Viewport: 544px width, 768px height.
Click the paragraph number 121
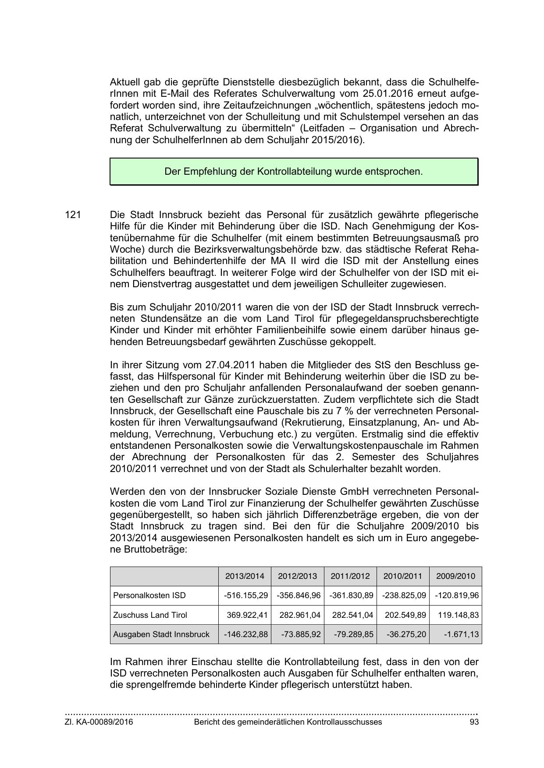72,215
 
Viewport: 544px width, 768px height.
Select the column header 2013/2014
245,576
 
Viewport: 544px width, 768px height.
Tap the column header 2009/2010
455,576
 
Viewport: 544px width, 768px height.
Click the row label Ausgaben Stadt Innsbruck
161,634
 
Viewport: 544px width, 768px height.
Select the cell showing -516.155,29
245,595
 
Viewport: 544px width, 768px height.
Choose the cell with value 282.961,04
300,615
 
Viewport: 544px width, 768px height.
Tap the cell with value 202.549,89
405,615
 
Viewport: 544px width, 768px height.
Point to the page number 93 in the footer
473,722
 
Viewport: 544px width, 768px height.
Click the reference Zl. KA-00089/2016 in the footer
99,722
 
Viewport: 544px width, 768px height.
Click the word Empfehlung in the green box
210,172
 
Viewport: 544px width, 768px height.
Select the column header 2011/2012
350,576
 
